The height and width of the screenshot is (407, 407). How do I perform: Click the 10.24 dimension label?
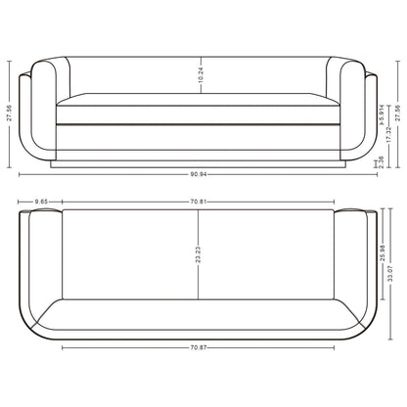[x=201, y=75]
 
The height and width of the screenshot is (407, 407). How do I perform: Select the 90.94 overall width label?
[x=199, y=175]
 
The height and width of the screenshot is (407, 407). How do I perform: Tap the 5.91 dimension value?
[x=381, y=114]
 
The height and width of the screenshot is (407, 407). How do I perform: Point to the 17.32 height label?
[x=388, y=134]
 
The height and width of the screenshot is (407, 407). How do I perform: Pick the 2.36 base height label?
[x=381, y=161]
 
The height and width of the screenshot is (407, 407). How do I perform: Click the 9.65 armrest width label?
[x=41, y=202]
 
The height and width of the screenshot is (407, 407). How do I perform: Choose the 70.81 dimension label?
[x=199, y=202]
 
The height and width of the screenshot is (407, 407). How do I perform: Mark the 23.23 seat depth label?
[x=199, y=254]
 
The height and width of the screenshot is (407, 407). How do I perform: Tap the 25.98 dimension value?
[x=384, y=252]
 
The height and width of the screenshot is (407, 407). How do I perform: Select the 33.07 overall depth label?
[x=391, y=274]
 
